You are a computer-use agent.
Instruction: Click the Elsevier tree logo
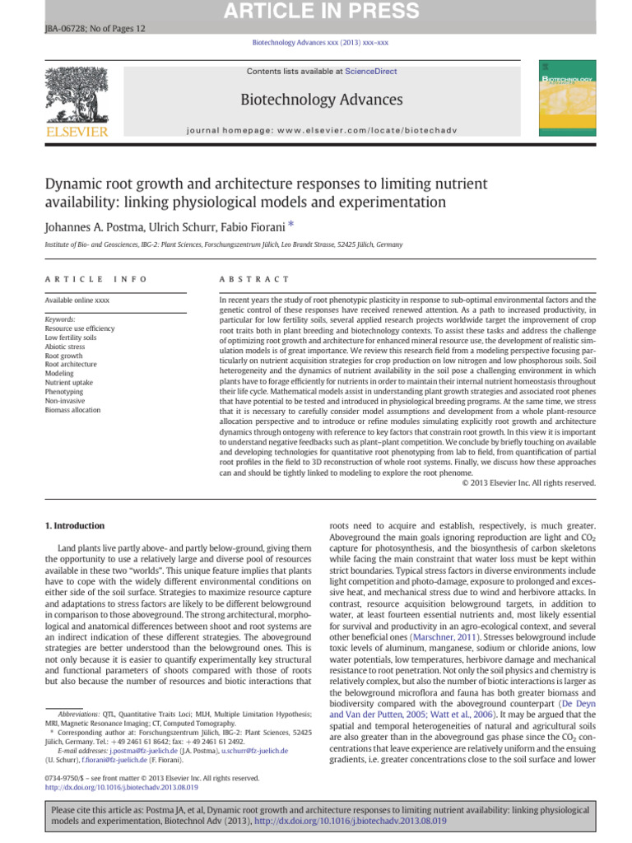(76, 97)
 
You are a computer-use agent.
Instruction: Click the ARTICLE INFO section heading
(96, 279)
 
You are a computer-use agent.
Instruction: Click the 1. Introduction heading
(75, 525)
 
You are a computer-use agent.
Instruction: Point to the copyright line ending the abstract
(528, 482)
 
